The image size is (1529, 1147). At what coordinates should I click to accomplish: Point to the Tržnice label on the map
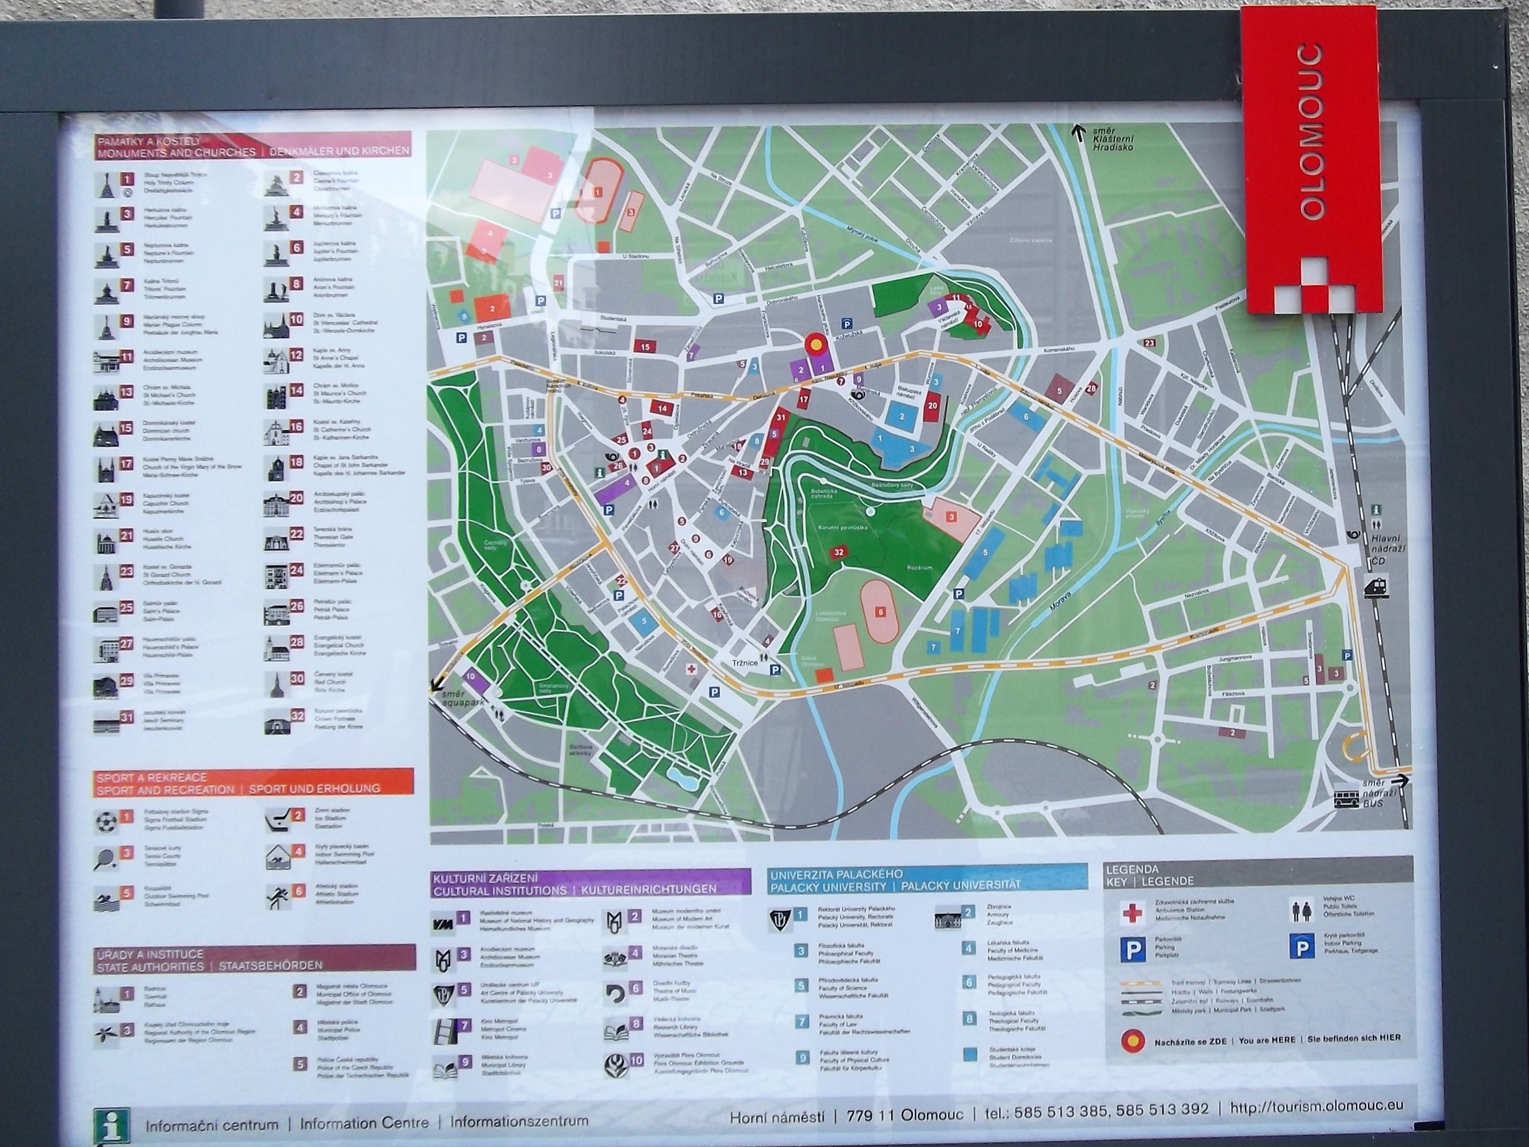point(744,663)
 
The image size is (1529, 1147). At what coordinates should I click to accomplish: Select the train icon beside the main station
point(1376,589)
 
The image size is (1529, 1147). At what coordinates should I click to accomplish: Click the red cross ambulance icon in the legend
point(1132,914)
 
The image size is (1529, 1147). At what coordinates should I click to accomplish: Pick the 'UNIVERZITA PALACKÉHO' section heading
point(836,875)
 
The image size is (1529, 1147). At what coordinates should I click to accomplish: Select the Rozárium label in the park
point(920,567)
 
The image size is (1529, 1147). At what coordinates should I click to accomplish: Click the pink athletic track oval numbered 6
point(879,611)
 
